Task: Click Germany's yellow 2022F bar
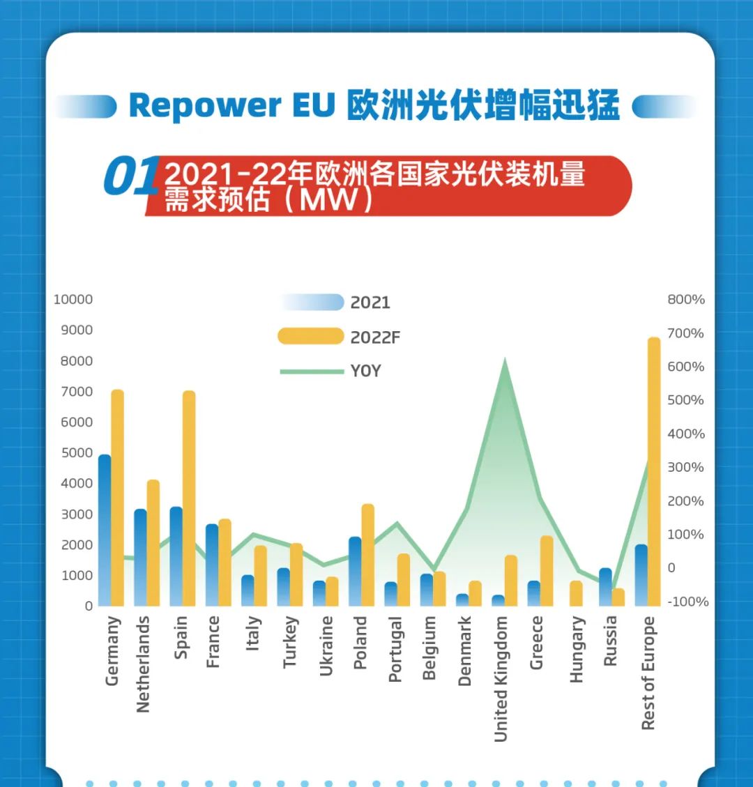(x=117, y=498)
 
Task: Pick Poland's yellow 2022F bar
(x=368, y=555)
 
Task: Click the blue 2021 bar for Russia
(x=605, y=587)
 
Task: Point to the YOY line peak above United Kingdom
(x=505, y=360)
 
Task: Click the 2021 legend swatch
(x=312, y=303)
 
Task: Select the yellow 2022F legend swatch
(x=311, y=337)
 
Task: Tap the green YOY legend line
(x=312, y=372)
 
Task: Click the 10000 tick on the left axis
(x=73, y=300)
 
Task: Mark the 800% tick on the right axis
(x=686, y=300)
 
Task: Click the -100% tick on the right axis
(x=687, y=602)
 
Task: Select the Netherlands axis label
(x=144, y=664)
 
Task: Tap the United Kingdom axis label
(x=501, y=678)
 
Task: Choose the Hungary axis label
(x=577, y=650)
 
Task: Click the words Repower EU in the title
(x=232, y=106)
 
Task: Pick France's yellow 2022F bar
(x=225, y=562)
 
